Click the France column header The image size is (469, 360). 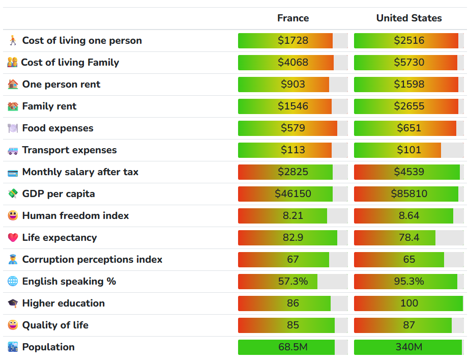(x=293, y=18)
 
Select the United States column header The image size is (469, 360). (x=409, y=18)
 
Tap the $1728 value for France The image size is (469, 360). (x=293, y=41)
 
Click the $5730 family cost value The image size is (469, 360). (x=409, y=63)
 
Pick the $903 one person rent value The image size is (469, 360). (x=293, y=85)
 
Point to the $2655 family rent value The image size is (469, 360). (x=409, y=106)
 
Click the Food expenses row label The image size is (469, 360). (x=57, y=128)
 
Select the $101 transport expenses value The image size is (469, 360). (x=409, y=150)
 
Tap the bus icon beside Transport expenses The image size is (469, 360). (x=13, y=150)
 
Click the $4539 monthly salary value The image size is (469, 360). (x=409, y=172)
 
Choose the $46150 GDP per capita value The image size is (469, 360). (x=293, y=194)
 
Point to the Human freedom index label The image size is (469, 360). (x=75, y=216)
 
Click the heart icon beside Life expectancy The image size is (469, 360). (x=13, y=238)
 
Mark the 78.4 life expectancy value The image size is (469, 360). (x=409, y=238)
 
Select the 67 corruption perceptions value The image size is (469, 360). (x=293, y=260)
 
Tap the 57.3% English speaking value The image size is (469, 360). (x=293, y=282)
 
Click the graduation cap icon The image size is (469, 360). (x=13, y=303)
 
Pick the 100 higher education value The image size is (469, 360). (x=409, y=303)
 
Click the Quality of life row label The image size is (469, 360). (x=55, y=325)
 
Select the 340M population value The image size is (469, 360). (x=409, y=347)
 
